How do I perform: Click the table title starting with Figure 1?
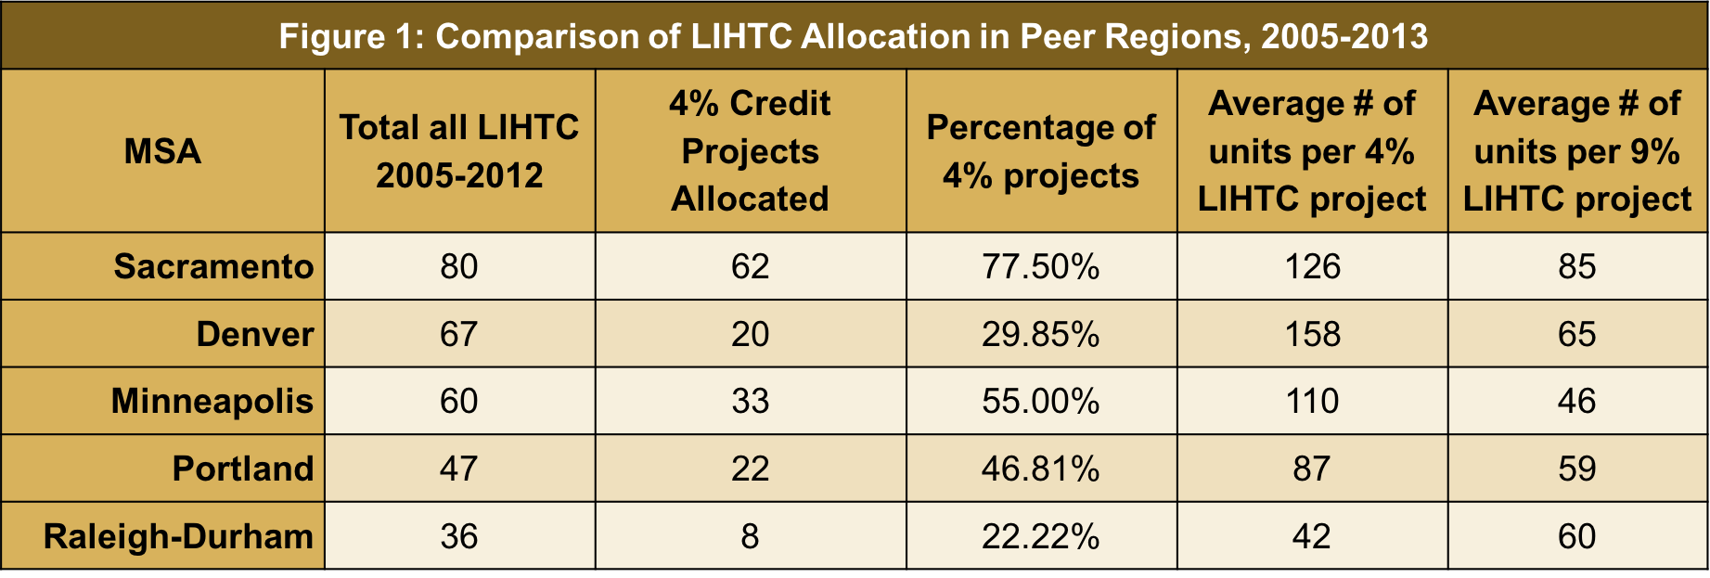click(854, 36)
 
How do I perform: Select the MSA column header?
click(162, 151)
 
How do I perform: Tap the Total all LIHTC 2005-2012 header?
click(459, 151)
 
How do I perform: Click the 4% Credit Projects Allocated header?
click(750, 151)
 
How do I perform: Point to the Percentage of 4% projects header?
click(1041, 151)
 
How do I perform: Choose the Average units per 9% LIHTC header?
click(1576, 151)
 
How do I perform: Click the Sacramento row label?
click(213, 267)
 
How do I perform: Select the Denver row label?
click(254, 334)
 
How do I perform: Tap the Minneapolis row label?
click(212, 402)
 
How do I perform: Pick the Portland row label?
click(243, 469)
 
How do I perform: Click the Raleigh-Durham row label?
click(178, 536)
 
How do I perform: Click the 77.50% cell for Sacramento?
click(1041, 267)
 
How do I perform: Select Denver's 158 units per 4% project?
click(1312, 334)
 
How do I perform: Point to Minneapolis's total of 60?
click(459, 402)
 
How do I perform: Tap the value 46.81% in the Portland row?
click(1041, 469)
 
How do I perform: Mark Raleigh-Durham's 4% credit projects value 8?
click(750, 536)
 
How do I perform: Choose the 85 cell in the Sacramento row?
click(1576, 267)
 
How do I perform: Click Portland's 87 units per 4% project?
click(1312, 469)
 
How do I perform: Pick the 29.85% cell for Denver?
click(1041, 334)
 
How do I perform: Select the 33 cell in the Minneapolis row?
click(750, 402)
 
